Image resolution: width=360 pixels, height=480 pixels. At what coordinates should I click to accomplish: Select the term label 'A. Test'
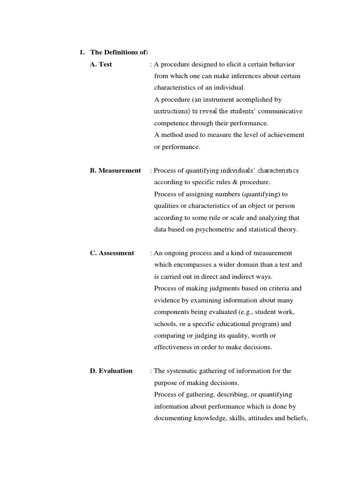(101, 64)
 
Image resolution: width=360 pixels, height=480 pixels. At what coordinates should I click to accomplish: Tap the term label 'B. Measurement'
(115, 170)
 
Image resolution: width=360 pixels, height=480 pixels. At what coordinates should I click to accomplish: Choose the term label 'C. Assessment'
(112, 253)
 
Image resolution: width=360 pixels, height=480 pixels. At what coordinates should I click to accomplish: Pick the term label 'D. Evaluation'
(111, 371)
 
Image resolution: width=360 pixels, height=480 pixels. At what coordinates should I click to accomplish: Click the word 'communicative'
(279, 111)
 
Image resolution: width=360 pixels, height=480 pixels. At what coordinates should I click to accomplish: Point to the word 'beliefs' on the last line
(295, 418)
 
